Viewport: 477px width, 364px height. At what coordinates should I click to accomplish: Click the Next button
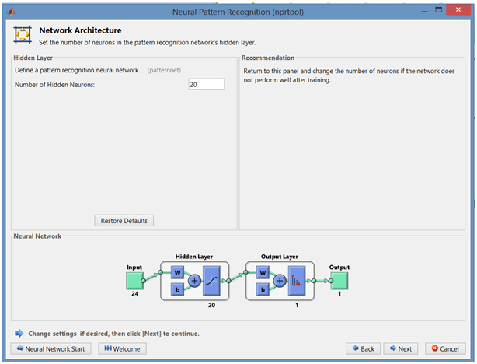[x=400, y=348]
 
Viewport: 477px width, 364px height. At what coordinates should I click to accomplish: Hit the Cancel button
[x=445, y=348]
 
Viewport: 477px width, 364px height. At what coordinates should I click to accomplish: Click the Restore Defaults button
[x=124, y=221]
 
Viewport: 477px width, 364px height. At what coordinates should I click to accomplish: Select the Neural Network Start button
[x=50, y=348]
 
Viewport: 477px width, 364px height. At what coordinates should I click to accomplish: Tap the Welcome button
[x=122, y=348]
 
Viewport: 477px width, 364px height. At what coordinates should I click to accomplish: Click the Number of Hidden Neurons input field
[x=206, y=84]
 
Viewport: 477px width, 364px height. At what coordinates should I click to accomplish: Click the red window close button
[x=458, y=10]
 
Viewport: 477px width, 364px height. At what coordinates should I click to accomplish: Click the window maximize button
[x=438, y=10]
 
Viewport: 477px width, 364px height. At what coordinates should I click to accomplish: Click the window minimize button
[x=424, y=12]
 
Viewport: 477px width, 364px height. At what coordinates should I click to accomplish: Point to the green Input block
[x=134, y=281]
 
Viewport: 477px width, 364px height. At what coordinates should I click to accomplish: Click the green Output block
[x=339, y=281]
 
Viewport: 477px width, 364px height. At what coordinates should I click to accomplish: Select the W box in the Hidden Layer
[x=177, y=273]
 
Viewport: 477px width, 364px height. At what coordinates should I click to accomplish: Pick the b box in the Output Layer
[x=263, y=289]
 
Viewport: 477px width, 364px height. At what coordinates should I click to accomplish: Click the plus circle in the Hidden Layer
[x=195, y=281]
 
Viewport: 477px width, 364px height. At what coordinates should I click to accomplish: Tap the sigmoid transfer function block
[x=211, y=281]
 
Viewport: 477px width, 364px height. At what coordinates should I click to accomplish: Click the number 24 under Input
[x=134, y=294]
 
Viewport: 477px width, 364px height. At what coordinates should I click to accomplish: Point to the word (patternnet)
[x=164, y=70]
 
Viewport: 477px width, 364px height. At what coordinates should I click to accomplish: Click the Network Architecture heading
[x=80, y=30]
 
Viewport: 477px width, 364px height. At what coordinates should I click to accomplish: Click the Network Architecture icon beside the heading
[x=23, y=34]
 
